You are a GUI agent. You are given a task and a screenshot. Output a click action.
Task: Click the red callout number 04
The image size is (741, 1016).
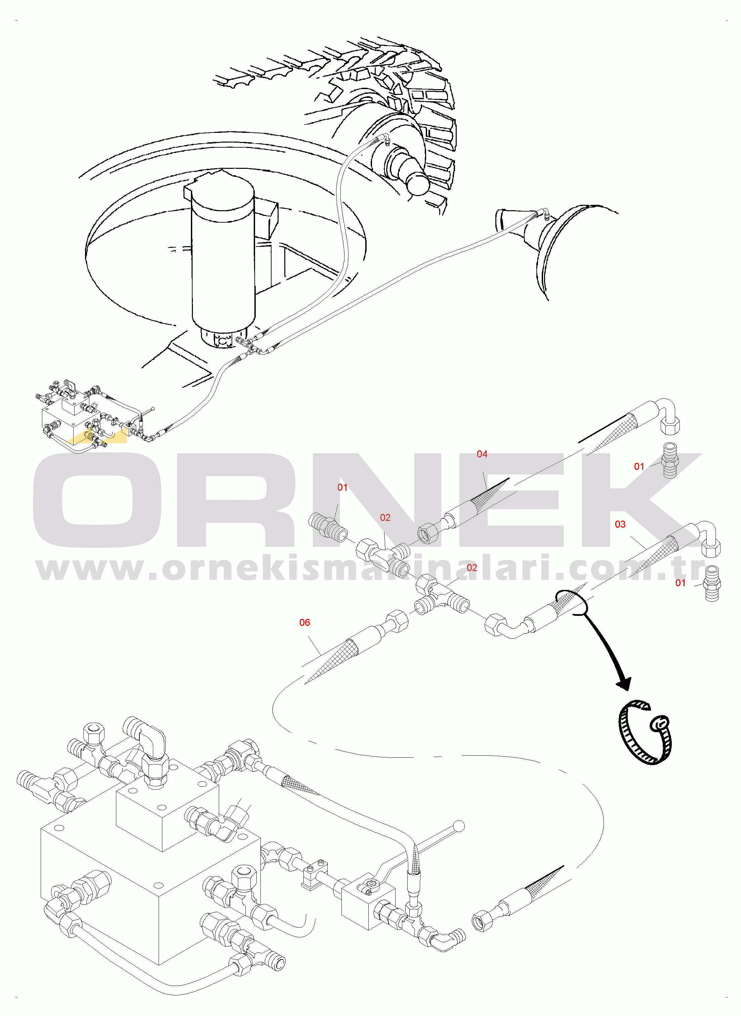482,454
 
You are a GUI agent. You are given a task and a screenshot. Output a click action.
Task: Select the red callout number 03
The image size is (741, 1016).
620,524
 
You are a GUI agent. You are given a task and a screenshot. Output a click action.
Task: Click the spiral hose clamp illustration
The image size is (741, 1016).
645,732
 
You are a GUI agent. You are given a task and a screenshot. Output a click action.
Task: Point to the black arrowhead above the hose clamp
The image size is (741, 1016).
625,684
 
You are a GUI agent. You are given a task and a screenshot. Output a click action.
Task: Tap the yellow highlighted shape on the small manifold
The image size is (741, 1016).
96,437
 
